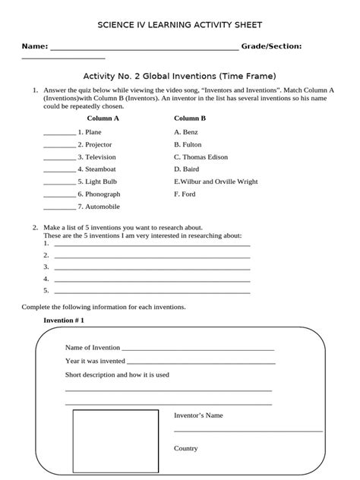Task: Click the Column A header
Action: (103, 118)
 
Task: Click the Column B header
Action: (190, 118)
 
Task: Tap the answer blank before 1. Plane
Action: (59, 132)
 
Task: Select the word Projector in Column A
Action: (99, 144)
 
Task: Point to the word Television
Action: (101, 157)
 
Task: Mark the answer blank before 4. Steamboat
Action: (59, 169)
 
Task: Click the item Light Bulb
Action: (101, 182)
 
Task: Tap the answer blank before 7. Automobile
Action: (59, 207)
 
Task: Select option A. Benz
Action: (185, 132)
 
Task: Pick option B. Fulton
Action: (188, 144)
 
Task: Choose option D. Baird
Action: (186, 169)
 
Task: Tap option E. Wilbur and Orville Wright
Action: (216, 182)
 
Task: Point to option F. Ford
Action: (185, 194)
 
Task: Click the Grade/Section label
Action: (271, 46)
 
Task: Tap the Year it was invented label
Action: (95, 361)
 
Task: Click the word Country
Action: (186, 448)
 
